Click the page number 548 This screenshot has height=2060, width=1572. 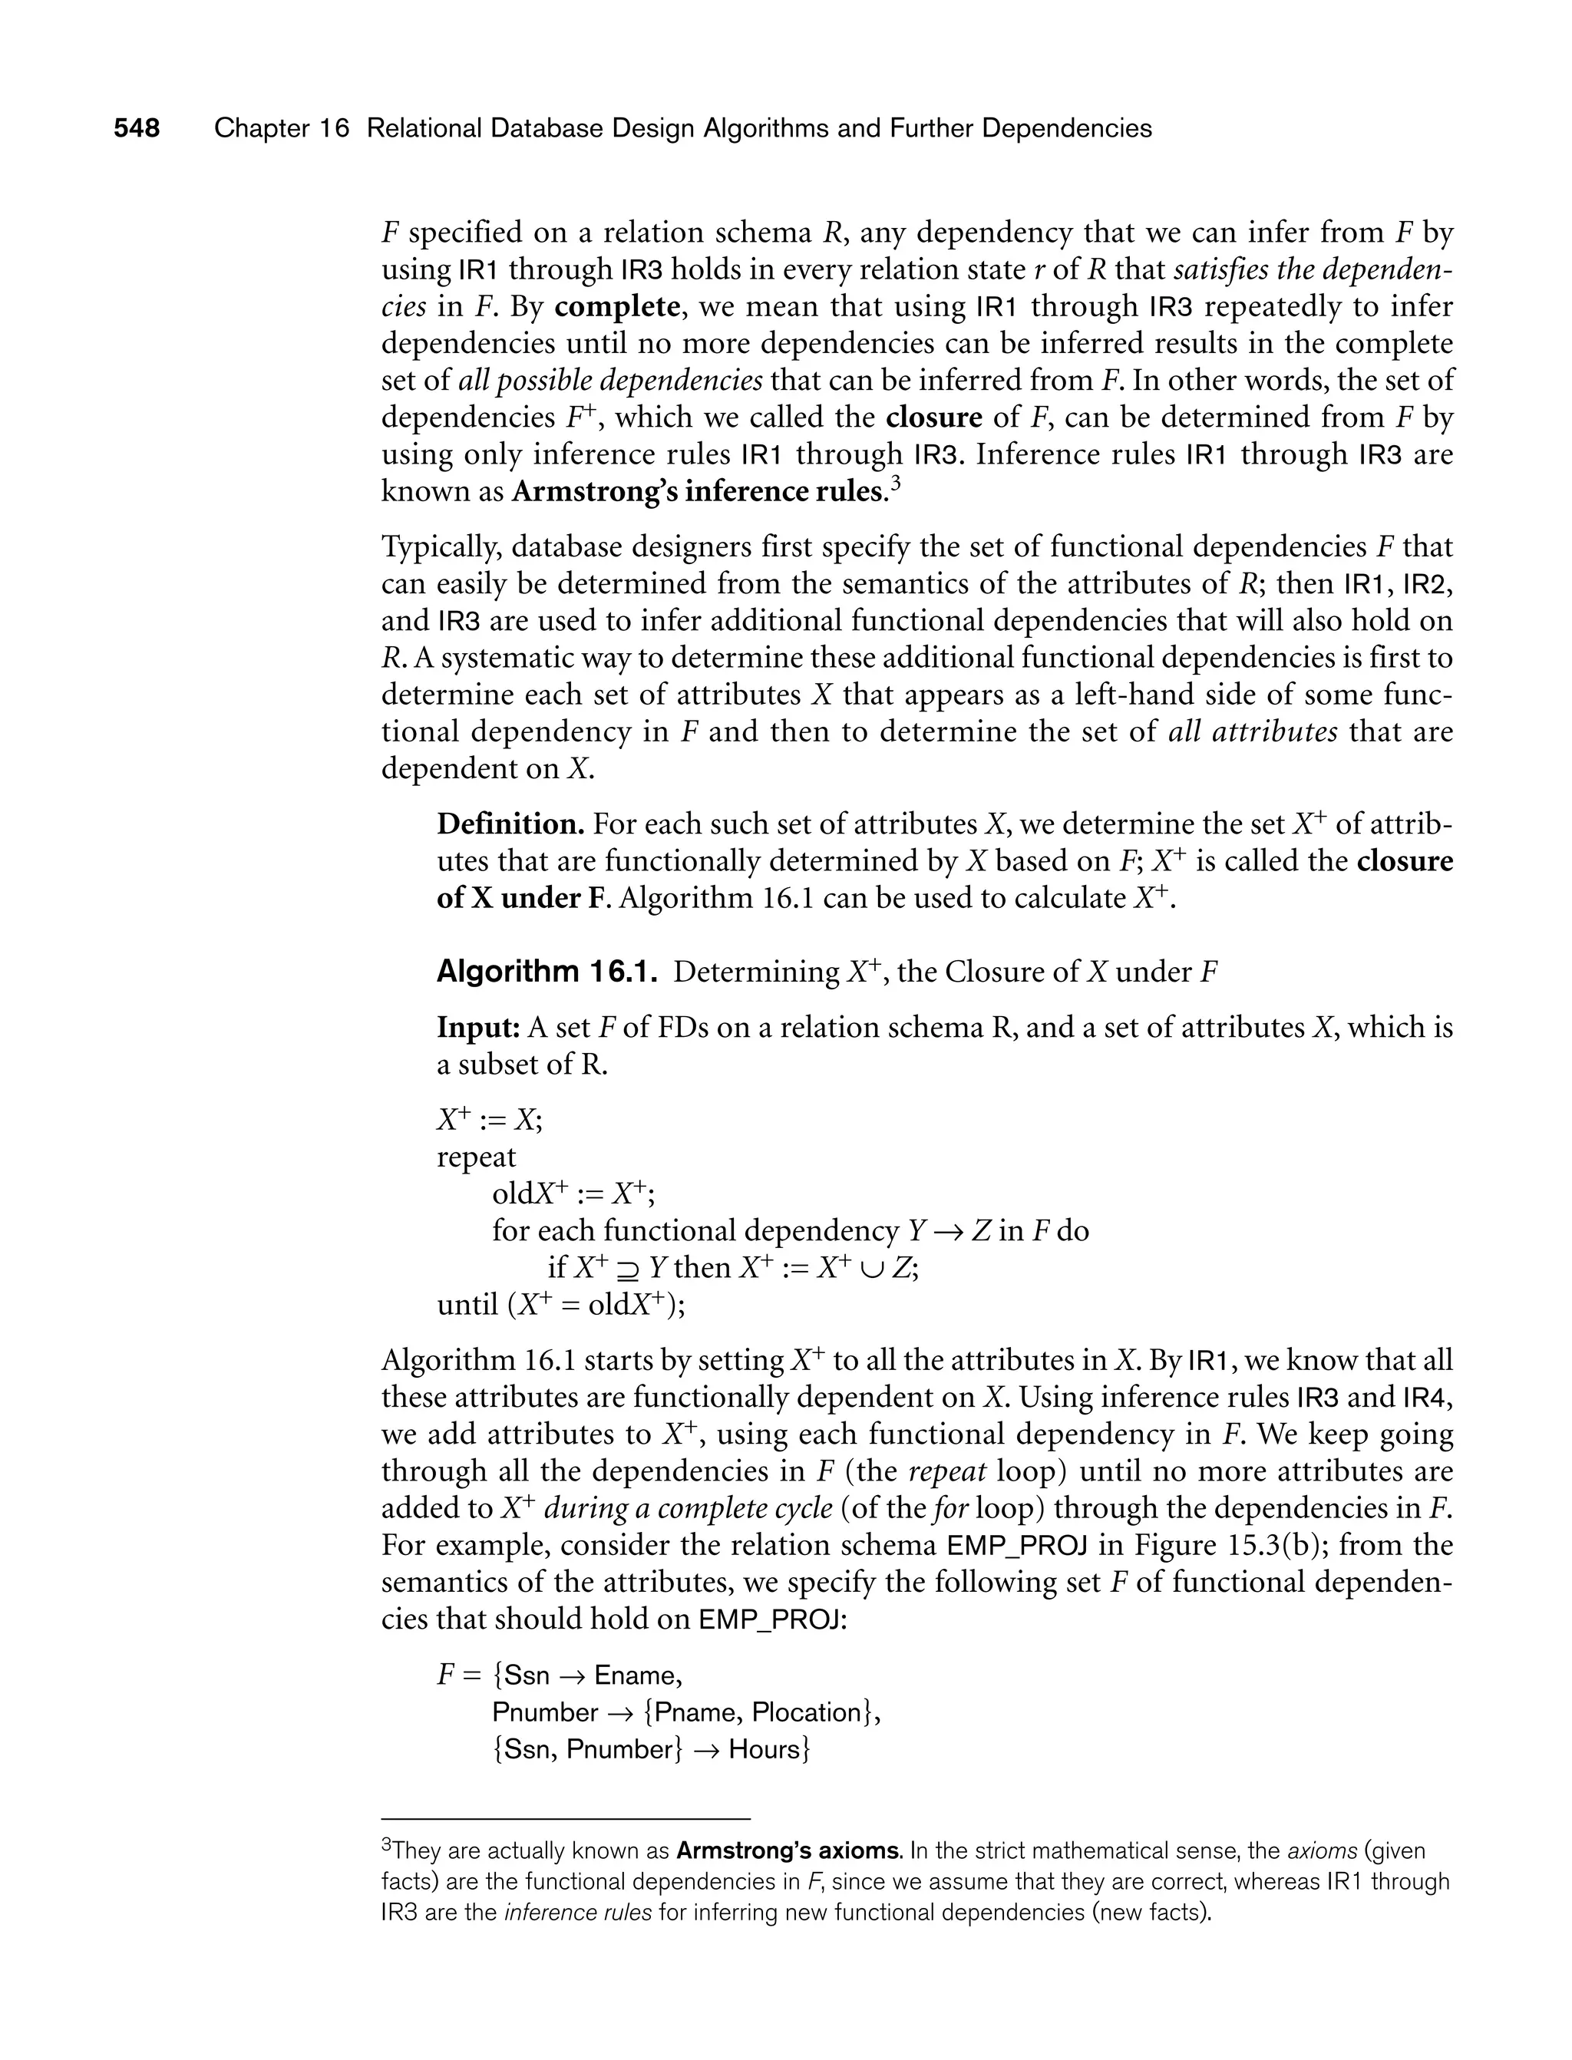click(137, 128)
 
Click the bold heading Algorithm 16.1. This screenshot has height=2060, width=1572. click(547, 972)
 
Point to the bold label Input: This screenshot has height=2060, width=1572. click(478, 1028)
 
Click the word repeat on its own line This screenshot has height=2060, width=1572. click(476, 1157)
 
